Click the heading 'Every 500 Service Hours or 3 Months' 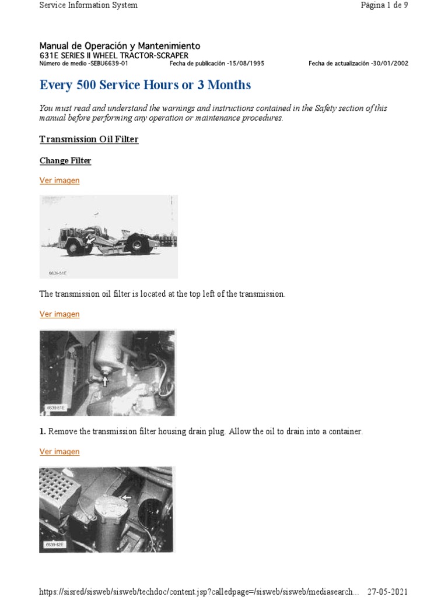coord(145,85)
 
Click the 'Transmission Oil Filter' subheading coord(89,140)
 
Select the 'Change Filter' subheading coord(65,161)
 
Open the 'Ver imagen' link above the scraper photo coord(60,181)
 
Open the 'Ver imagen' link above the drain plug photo coord(60,314)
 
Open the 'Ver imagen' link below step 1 coord(60,452)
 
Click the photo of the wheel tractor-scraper coord(108,236)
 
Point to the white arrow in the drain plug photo coord(105,381)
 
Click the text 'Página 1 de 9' coord(384,5)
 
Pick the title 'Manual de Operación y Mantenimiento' coord(120,45)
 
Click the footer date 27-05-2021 coord(388,591)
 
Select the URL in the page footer coord(196,591)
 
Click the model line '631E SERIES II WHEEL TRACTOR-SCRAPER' coord(114,55)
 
